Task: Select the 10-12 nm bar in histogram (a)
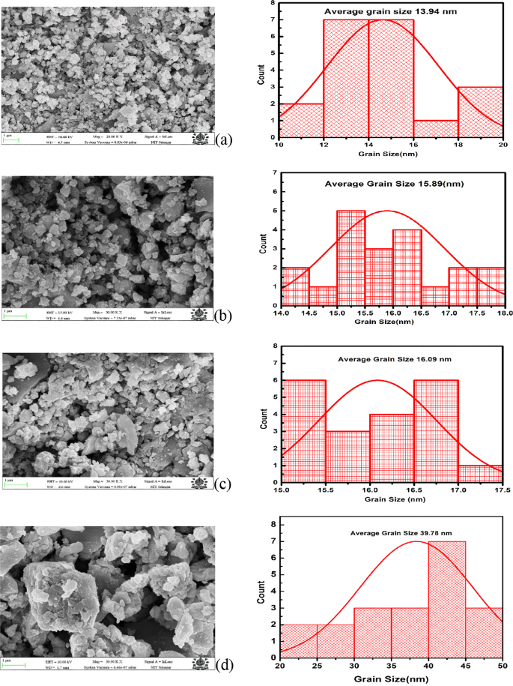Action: pos(301,118)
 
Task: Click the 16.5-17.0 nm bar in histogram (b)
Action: pos(434,297)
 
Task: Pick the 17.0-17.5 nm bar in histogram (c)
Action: pos(479,475)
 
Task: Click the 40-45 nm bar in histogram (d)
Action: pos(447,600)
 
